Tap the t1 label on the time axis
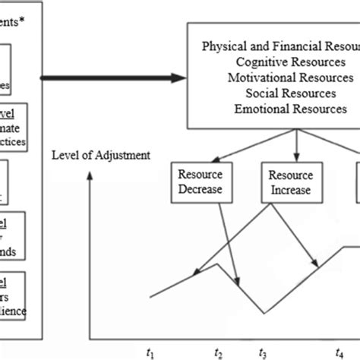(x=150, y=352)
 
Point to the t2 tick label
(x=219, y=352)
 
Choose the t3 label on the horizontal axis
(x=263, y=352)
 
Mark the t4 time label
(x=339, y=352)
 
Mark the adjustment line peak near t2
(x=219, y=264)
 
